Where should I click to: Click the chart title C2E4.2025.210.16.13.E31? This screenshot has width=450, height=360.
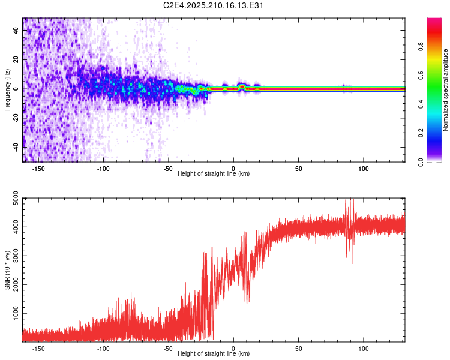(x=213, y=5)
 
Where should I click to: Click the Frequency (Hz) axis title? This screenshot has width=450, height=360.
(x=7, y=89)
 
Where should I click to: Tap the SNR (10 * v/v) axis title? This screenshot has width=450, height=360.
(x=7, y=270)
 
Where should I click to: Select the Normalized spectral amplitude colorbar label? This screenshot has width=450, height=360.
(x=445, y=89)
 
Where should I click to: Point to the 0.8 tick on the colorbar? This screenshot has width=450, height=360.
(x=421, y=47)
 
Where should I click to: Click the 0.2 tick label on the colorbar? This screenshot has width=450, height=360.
(x=421, y=133)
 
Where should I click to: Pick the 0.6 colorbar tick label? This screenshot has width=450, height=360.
(x=421, y=75)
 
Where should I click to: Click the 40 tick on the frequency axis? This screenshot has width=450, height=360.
(x=16, y=30)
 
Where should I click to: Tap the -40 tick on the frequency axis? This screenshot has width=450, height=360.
(x=16, y=147)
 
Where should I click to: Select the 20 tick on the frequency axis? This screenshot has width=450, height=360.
(x=16, y=59)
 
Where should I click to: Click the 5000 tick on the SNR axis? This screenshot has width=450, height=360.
(x=16, y=198)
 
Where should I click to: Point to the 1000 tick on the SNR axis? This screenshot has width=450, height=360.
(x=16, y=313)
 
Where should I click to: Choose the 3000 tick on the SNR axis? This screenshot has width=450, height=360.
(x=16, y=256)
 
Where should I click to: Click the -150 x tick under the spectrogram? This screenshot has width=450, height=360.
(x=38, y=169)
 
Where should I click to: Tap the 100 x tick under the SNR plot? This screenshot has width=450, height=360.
(x=364, y=349)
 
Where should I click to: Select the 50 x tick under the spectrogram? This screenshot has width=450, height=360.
(x=298, y=169)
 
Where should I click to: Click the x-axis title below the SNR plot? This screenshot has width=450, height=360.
(x=214, y=353)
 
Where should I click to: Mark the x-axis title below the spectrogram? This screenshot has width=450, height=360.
(x=214, y=173)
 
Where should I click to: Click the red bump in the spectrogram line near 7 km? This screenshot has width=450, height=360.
(x=242, y=86)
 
